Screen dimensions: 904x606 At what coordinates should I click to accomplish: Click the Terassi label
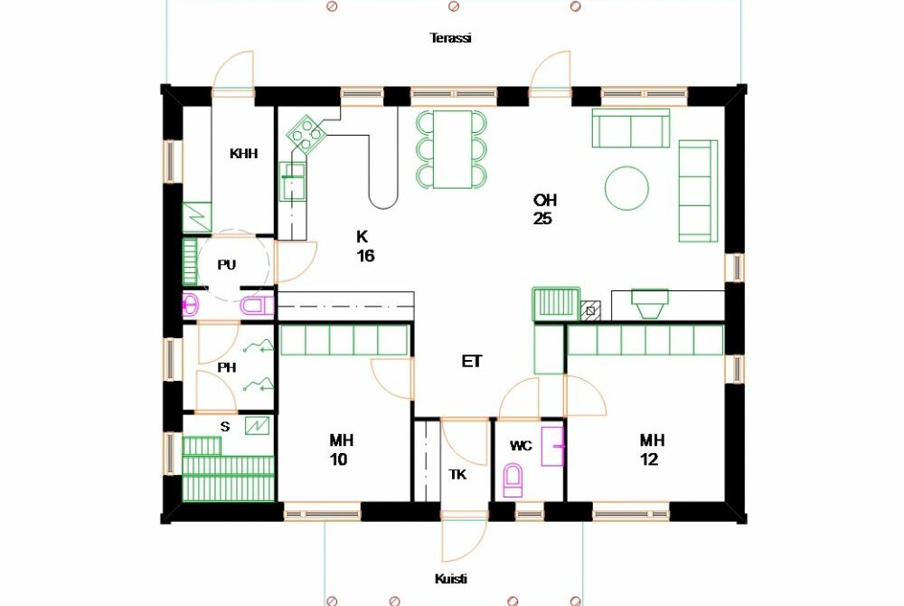tap(451, 38)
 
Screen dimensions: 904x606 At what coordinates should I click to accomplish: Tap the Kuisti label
tap(451, 579)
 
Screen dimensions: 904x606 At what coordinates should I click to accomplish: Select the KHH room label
tap(243, 154)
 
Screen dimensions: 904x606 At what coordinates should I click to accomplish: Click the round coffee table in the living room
tap(626, 188)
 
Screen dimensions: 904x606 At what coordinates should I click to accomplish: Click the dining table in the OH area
tap(453, 149)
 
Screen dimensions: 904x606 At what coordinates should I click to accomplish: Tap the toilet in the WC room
tap(513, 480)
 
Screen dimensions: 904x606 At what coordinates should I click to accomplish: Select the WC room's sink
tap(552, 446)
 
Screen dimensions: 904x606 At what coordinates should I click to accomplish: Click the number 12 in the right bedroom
tap(649, 459)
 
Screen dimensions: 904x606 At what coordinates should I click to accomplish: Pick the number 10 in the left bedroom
tap(338, 459)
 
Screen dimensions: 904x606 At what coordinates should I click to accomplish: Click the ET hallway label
tap(472, 362)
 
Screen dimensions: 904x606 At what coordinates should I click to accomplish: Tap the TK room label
tap(457, 475)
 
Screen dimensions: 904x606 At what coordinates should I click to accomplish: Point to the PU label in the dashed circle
tap(227, 265)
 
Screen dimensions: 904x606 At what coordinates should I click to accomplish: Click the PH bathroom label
tap(227, 367)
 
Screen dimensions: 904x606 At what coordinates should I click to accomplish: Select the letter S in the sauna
tap(225, 427)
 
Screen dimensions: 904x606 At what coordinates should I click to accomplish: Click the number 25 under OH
tap(542, 219)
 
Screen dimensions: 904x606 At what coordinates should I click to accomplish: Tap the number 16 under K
tap(365, 255)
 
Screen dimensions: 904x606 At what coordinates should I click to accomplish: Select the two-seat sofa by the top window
tap(631, 128)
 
